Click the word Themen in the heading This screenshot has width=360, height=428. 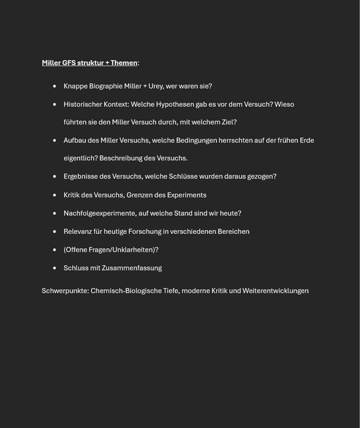124,63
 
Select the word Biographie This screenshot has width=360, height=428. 105,86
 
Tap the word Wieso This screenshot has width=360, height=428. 284,104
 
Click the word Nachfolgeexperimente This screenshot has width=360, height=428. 100,213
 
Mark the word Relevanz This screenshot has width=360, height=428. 78,231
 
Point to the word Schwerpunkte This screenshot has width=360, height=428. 65,291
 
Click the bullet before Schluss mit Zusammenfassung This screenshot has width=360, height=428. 55,268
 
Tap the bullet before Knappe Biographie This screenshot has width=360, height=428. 55,86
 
